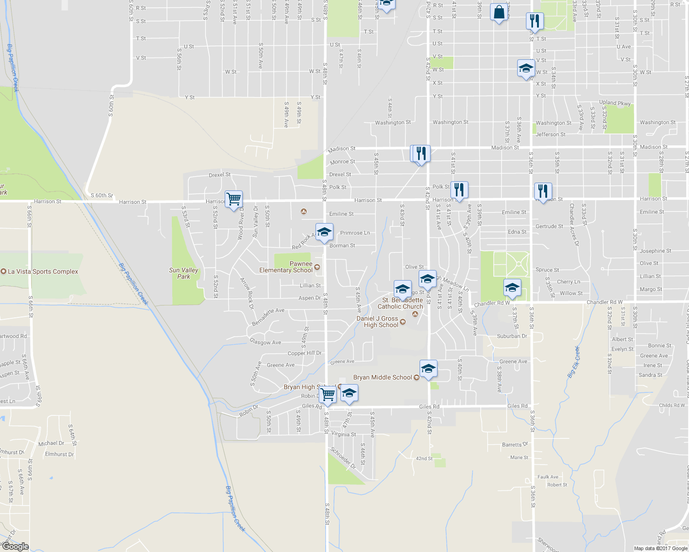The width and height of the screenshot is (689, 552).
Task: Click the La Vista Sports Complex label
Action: click(43, 271)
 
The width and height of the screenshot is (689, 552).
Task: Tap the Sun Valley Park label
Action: click(184, 273)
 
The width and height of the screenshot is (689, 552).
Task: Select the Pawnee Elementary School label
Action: click(286, 267)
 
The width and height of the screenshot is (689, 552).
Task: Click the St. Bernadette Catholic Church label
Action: click(400, 303)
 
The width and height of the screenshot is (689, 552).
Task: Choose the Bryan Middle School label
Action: click(382, 377)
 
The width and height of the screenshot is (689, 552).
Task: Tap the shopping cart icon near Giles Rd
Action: click(327, 394)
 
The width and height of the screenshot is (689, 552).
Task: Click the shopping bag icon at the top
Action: click(499, 12)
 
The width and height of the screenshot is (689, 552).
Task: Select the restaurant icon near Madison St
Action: click(421, 153)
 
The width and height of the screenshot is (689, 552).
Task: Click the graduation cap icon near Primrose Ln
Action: click(324, 232)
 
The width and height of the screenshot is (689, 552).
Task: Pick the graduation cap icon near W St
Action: click(526, 69)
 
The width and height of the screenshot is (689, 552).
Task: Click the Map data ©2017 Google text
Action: click(660, 548)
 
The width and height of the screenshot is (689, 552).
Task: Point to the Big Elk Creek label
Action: click(573, 362)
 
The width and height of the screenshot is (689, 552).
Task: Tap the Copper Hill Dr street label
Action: click(304, 353)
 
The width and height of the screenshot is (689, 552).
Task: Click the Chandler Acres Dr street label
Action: click(574, 224)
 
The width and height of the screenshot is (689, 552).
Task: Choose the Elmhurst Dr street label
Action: click(59, 454)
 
